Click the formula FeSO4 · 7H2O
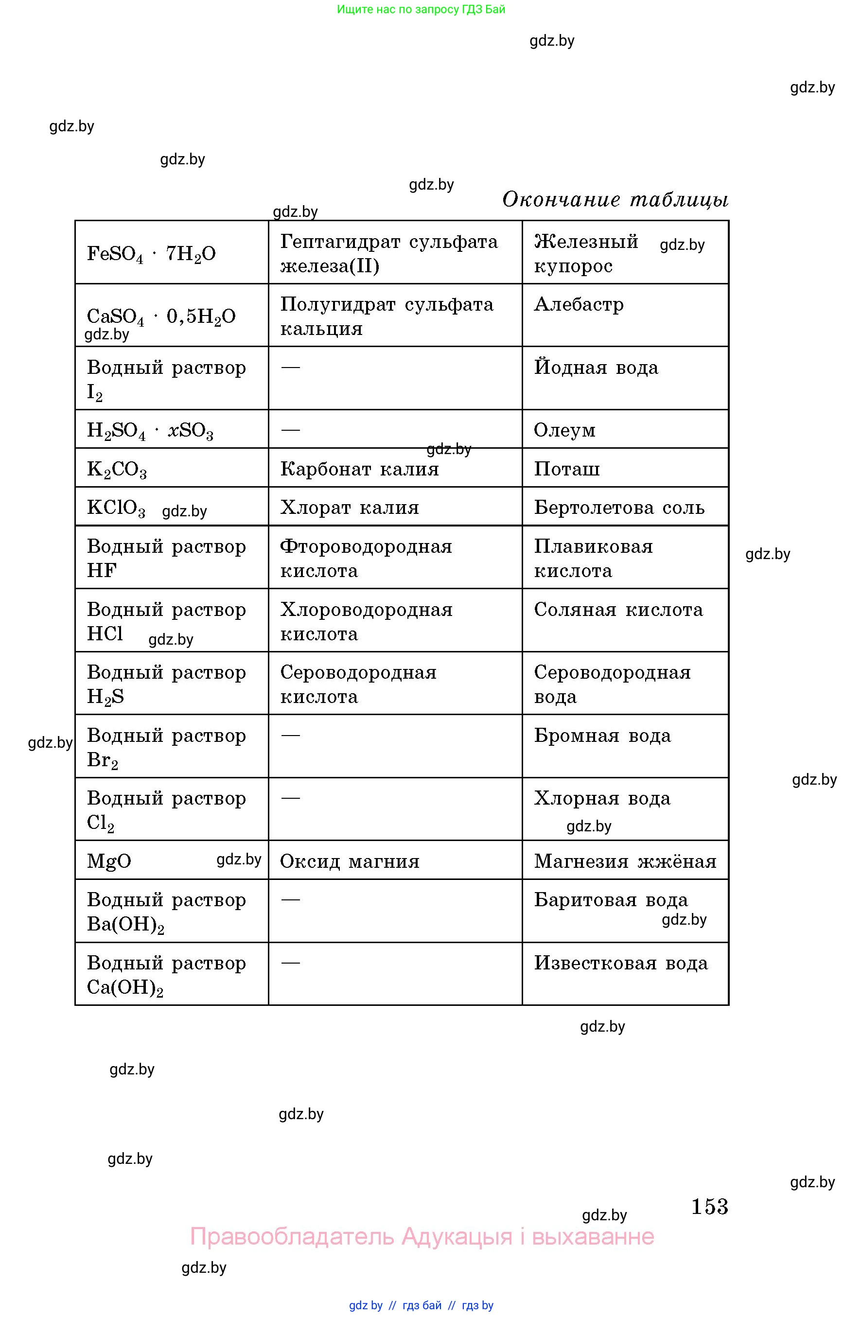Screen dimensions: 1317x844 coord(151,254)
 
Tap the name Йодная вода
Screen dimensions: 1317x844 coord(596,367)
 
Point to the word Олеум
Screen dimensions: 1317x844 coord(564,430)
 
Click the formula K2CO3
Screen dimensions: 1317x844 coord(117,469)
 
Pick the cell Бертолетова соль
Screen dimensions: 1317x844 coord(619,508)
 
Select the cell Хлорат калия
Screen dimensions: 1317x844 coord(350,508)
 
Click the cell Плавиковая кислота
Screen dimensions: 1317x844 coord(594,559)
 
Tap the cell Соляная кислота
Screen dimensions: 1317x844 coord(618,610)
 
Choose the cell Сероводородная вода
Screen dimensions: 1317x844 coord(612,684)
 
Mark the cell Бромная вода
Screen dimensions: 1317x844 coord(602,736)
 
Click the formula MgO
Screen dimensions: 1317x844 coord(109,861)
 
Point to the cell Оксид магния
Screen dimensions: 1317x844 coord(350,861)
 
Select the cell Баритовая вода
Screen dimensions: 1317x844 coord(611,900)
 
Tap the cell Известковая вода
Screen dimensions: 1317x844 coord(621,963)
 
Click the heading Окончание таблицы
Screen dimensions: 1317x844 coord(615,199)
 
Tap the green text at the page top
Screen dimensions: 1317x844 coord(421,9)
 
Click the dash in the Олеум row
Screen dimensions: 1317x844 coord(290,430)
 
